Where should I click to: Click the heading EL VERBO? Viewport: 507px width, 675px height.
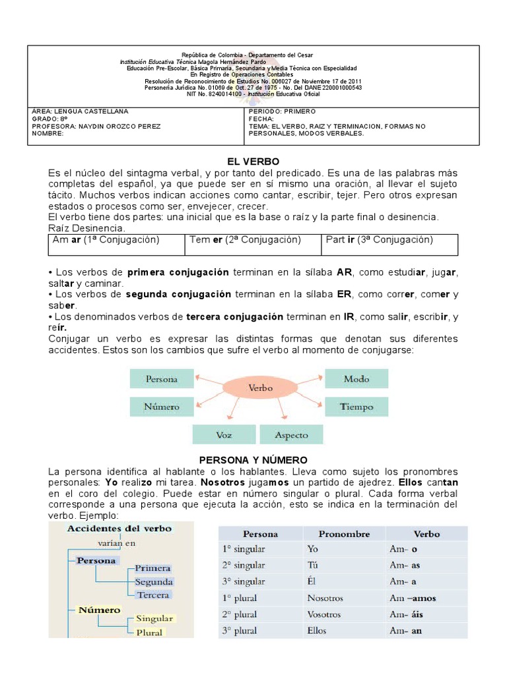[253, 161]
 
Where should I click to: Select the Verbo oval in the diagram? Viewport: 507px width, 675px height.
[260, 388]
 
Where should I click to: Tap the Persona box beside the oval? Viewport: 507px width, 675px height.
[162, 379]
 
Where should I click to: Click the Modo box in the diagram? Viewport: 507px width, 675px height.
[356, 379]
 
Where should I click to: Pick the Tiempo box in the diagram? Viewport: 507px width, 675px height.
[356, 407]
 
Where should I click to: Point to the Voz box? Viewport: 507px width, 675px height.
[224, 435]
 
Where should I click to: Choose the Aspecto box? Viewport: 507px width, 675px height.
[291, 435]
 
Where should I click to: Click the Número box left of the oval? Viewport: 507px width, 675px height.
[162, 407]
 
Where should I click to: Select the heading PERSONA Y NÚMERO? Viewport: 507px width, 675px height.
[253, 459]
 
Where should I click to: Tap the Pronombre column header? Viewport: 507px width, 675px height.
[344, 534]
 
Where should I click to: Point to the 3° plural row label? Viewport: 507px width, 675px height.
[240, 631]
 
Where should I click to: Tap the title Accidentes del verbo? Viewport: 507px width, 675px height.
[119, 529]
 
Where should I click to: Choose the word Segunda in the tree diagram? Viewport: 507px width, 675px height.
[154, 582]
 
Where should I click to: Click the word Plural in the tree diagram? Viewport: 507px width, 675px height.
[149, 632]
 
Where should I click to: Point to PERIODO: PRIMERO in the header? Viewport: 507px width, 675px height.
[283, 111]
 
